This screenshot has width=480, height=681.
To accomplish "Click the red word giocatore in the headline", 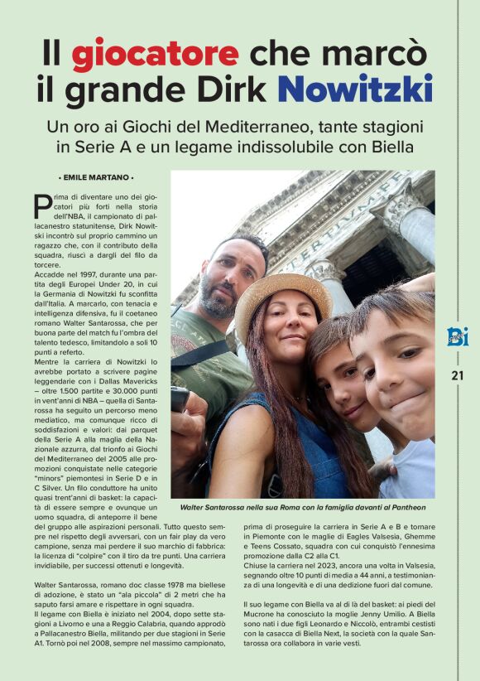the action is point(155,54).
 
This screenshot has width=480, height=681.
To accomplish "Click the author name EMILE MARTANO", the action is point(96,178).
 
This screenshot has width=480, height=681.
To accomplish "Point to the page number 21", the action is point(458,375).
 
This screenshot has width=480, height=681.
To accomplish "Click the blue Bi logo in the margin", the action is point(457,336).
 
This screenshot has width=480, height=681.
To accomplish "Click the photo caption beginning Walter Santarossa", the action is point(303,507).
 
